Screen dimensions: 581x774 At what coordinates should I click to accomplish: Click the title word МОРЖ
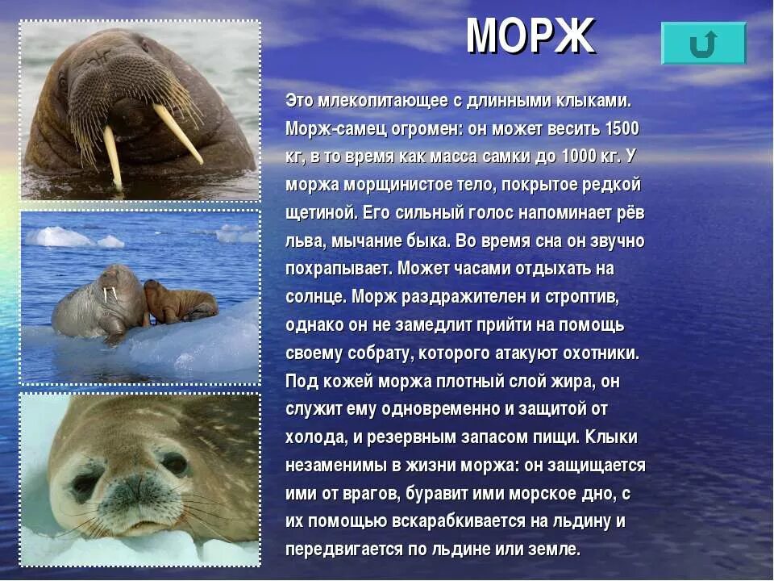tap(530, 36)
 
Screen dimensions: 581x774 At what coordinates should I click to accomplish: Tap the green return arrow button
tap(703, 44)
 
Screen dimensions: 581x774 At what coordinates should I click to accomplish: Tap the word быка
tap(429, 240)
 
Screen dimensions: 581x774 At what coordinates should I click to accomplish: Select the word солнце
tap(315, 296)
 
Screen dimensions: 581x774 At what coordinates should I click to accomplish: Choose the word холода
tap(315, 437)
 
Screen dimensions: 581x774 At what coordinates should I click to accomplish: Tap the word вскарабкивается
tap(461, 521)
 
